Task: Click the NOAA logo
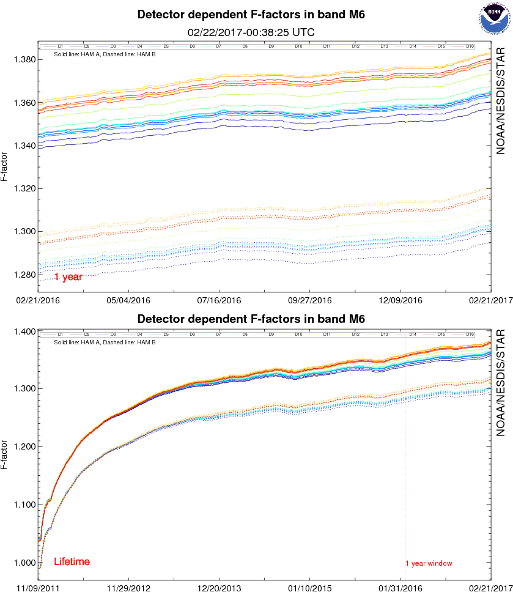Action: point(494,18)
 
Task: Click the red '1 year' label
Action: point(68,277)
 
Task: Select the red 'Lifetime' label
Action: point(72,561)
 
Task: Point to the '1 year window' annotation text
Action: point(430,563)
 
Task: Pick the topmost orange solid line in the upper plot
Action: point(245,75)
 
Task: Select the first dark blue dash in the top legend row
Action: point(50,46)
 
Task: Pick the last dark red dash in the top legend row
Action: point(457,46)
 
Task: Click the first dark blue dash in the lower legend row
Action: point(50,335)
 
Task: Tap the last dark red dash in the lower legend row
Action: point(457,335)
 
